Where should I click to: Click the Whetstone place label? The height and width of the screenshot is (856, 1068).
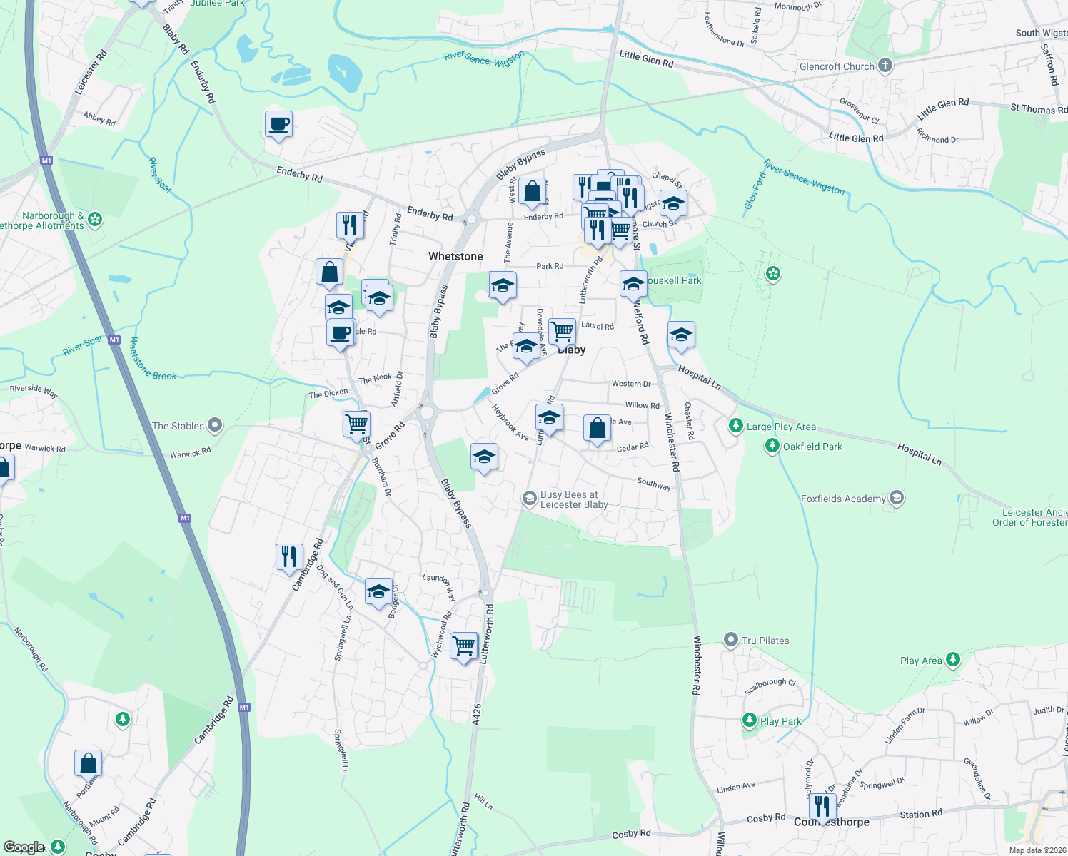(x=455, y=256)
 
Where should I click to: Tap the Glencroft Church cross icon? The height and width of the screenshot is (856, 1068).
(x=885, y=66)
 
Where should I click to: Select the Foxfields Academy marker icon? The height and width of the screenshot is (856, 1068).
(x=897, y=499)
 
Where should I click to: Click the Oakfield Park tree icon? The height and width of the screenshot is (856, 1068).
(x=772, y=447)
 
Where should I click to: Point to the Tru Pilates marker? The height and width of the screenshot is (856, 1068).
(x=730, y=640)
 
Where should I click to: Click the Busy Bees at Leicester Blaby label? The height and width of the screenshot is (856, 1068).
(x=574, y=499)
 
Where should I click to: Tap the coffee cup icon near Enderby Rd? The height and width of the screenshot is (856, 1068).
(x=278, y=125)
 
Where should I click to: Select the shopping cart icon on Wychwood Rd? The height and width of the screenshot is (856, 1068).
(x=465, y=646)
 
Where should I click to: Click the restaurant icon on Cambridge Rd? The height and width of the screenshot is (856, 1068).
(x=289, y=556)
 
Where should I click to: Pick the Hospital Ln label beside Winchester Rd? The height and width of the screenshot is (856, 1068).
(x=699, y=376)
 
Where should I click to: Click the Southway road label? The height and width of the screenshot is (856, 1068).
(x=654, y=484)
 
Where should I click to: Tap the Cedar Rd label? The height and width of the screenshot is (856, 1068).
(x=633, y=447)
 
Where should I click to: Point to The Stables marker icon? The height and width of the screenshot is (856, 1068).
(x=214, y=426)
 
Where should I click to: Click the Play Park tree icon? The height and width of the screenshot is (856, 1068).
(x=749, y=720)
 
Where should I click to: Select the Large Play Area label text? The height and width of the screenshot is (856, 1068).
(x=781, y=427)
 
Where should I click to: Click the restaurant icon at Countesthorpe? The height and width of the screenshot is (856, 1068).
(x=822, y=806)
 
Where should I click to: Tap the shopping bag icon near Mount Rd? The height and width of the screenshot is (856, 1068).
(x=88, y=763)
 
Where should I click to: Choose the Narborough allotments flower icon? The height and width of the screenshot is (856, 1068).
(x=95, y=220)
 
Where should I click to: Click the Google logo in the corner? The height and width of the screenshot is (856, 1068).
(x=24, y=847)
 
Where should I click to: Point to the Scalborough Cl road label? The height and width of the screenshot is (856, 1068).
(x=770, y=686)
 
